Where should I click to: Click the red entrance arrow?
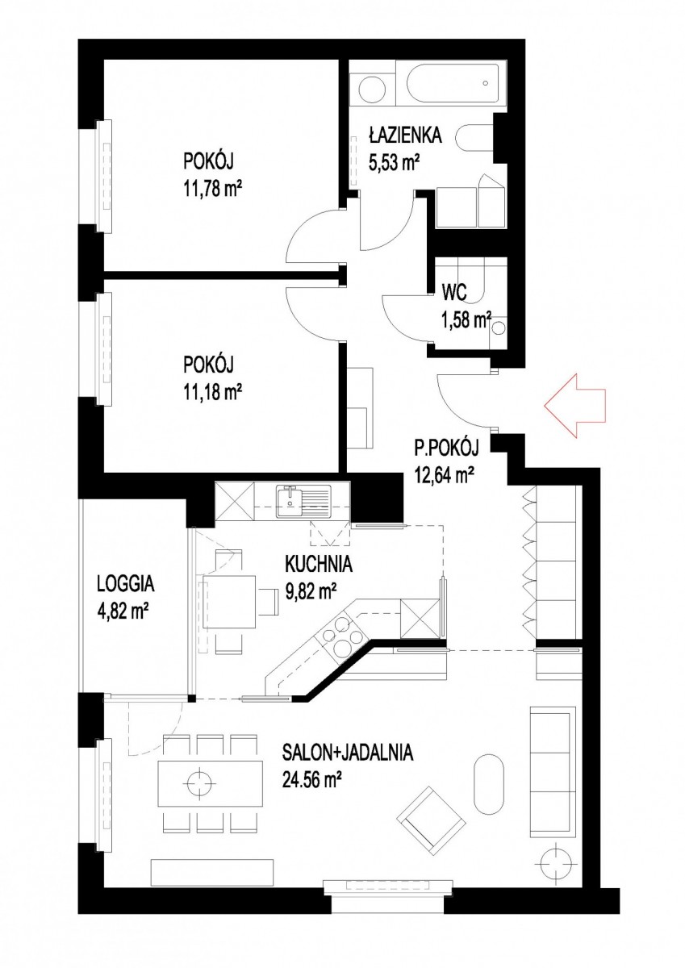574,407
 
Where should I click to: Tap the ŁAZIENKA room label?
405,136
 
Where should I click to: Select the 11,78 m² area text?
213,188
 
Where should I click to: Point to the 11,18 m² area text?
213,392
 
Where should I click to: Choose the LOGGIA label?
125,584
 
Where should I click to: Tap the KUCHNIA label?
319,565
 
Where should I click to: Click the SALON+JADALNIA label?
348,753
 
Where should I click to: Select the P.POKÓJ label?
446,449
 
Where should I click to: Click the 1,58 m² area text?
466,323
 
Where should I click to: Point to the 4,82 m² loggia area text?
123,611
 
